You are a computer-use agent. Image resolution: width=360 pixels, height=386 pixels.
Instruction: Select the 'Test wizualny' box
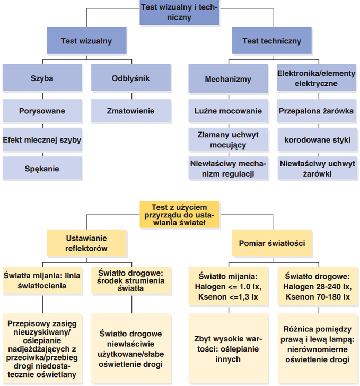(86, 41)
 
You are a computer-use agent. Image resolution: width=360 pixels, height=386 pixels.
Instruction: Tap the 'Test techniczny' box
(271, 41)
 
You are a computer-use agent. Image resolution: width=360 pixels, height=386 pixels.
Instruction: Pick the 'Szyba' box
(42, 78)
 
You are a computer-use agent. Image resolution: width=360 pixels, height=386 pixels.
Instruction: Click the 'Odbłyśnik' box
(131, 78)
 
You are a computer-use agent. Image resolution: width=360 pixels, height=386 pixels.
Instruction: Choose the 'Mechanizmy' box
(228, 79)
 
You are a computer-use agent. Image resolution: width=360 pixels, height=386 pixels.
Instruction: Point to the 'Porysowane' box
(42, 111)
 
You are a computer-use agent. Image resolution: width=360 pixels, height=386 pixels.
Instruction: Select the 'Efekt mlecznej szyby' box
(42, 140)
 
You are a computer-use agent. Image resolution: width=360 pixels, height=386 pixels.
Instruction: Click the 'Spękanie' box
(42, 169)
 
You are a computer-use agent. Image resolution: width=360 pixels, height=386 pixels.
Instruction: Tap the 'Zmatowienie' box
(131, 111)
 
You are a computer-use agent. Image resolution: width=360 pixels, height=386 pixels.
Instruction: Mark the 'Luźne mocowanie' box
(228, 111)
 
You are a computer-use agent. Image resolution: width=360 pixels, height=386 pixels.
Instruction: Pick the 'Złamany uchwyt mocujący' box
(228, 140)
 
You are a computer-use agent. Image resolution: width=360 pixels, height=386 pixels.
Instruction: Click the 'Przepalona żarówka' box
(316, 111)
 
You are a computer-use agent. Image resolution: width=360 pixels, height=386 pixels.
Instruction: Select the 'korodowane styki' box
(316, 140)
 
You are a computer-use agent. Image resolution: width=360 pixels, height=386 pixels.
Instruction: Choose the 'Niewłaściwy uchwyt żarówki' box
(316, 169)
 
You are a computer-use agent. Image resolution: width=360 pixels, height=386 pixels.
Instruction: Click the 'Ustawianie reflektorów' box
(86, 243)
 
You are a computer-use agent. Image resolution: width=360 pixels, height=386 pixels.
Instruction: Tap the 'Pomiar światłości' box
(271, 243)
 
